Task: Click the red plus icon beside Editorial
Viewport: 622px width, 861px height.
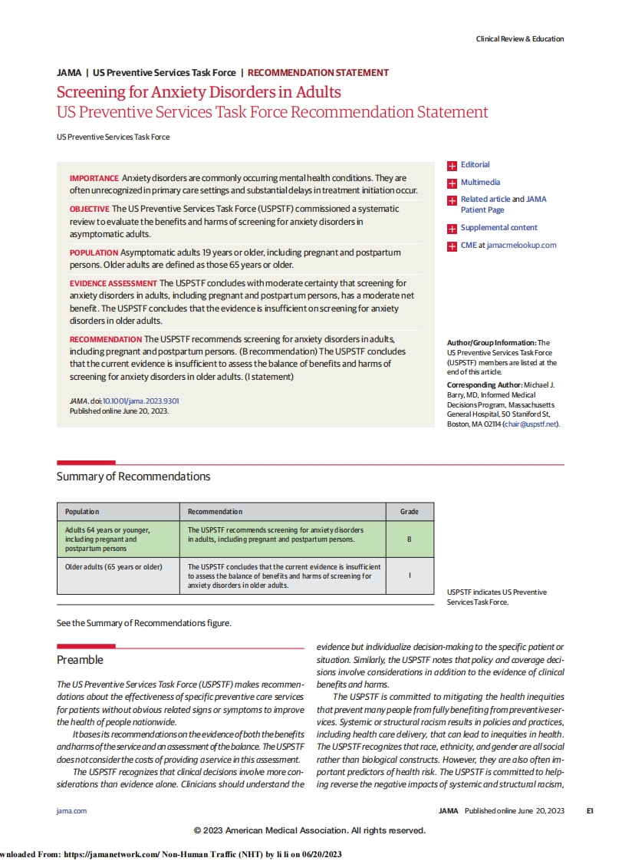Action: tap(453, 165)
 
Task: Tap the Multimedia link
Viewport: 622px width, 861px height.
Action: tap(480, 183)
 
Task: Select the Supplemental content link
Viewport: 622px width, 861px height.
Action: tap(499, 228)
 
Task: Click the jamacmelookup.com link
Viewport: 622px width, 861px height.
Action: tap(522, 246)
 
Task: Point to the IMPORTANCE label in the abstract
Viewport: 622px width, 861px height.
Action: tap(94, 179)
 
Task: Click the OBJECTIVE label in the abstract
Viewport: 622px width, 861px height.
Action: tap(89, 209)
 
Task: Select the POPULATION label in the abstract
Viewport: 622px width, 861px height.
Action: tap(94, 252)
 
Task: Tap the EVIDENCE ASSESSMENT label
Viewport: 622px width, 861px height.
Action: tap(113, 283)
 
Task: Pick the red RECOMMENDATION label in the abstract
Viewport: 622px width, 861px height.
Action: tap(105, 339)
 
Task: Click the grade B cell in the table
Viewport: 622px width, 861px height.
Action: tap(409, 539)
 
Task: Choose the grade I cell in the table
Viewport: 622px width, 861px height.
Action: tap(409, 576)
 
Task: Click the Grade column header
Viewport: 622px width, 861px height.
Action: tap(409, 512)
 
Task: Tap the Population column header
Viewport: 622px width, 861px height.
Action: tap(82, 512)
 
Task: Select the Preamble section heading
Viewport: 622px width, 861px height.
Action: tap(80, 660)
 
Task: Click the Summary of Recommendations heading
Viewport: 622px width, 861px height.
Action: tap(133, 477)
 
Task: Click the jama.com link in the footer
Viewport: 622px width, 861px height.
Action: tap(71, 811)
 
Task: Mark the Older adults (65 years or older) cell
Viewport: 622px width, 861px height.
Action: tap(114, 567)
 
